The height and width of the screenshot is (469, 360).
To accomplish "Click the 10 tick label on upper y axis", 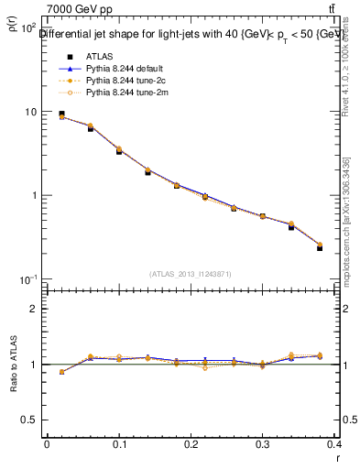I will coord(30,112).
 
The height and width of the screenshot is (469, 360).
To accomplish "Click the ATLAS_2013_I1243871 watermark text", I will coord(191,274).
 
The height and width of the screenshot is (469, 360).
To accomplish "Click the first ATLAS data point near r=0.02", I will coord(61,115).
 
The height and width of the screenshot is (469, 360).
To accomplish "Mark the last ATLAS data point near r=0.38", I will coord(320,248).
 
